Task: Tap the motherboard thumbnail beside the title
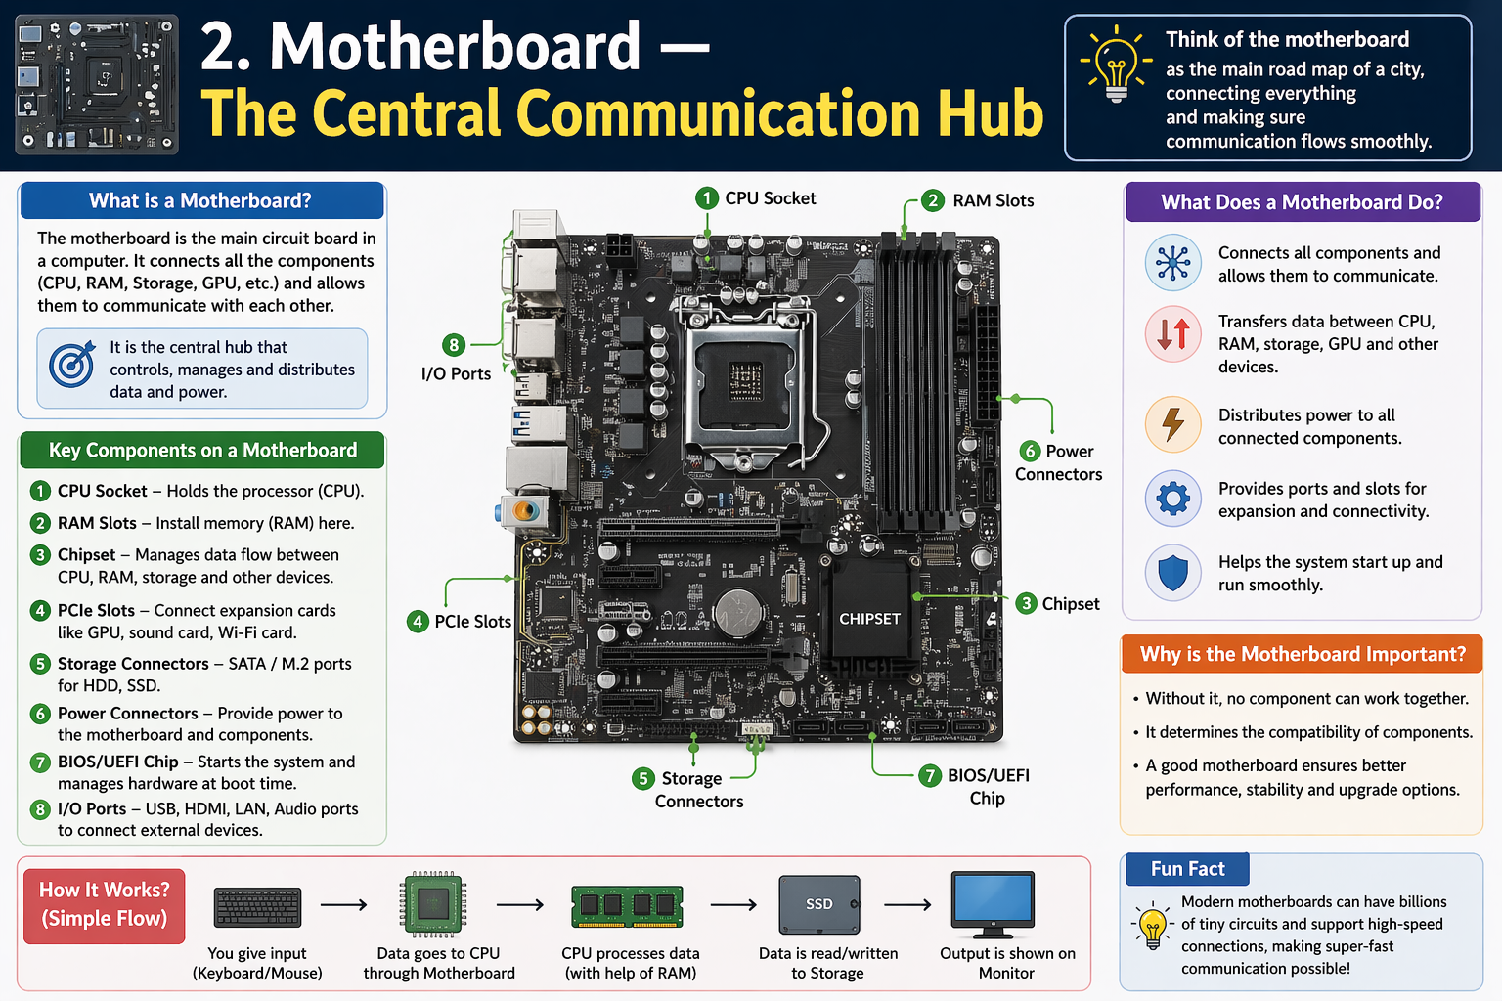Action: tap(97, 85)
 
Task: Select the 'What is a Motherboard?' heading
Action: tap(200, 200)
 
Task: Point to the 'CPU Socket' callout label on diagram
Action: tap(770, 198)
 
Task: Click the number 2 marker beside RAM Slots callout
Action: tap(932, 200)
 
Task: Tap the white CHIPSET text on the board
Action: tap(869, 619)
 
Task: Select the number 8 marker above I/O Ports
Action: tap(454, 345)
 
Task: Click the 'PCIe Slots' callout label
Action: tap(472, 622)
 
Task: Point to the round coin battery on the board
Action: tap(738, 613)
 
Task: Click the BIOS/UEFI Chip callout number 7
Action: tap(930, 776)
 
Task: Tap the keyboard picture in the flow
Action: tap(257, 907)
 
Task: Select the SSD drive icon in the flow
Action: tap(819, 904)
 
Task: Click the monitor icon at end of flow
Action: tap(993, 903)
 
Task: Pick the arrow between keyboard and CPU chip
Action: tap(343, 904)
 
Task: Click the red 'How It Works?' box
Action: tap(105, 904)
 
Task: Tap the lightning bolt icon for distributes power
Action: tap(1172, 425)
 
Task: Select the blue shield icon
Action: tap(1172, 573)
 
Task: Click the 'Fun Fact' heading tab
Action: tap(1186, 869)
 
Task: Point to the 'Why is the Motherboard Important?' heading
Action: tap(1302, 654)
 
